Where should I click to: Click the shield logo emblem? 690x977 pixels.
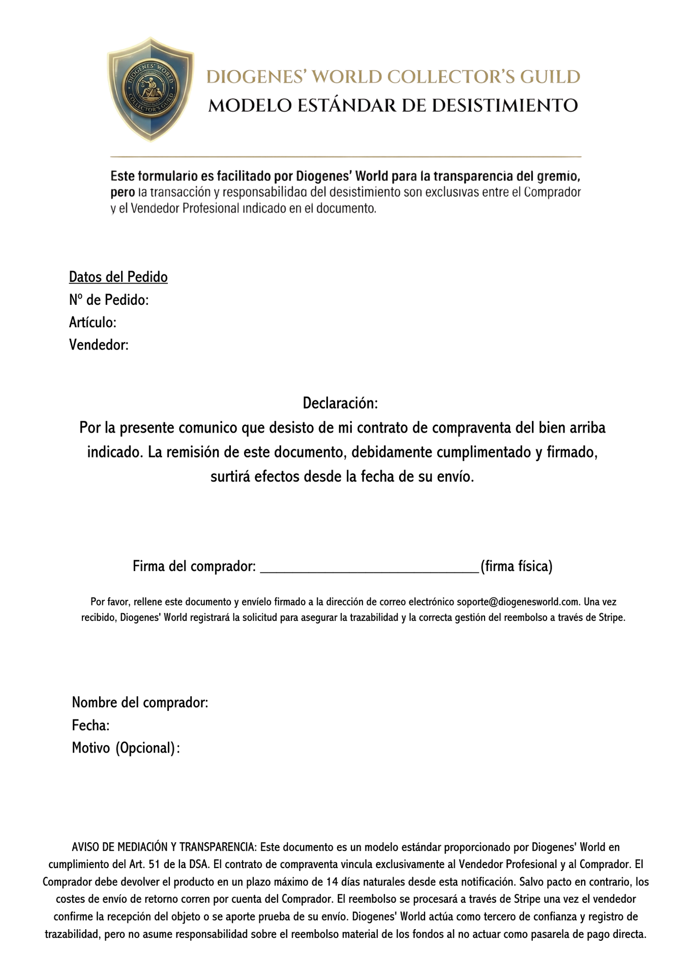tap(151, 90)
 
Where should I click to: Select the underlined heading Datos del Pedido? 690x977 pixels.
tap(118, 277)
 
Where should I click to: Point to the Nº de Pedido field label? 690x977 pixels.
tap(109, 300)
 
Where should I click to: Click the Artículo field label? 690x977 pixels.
tap(93, 323)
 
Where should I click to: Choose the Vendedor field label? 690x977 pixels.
tap(99, 345)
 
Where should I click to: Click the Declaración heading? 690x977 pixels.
tap(340, 404)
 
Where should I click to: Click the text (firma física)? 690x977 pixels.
tap(516, 566)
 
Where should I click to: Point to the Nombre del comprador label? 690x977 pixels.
tap(140, 703)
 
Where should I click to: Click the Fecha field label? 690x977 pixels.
tap(91, 725)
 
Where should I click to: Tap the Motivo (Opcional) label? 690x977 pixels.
tap(126, 748)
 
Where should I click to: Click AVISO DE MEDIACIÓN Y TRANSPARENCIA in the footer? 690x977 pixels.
tap(165, 847)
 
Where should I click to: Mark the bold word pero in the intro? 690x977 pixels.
tap(123, 193)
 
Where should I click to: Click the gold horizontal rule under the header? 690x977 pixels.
tap(346, 156)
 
